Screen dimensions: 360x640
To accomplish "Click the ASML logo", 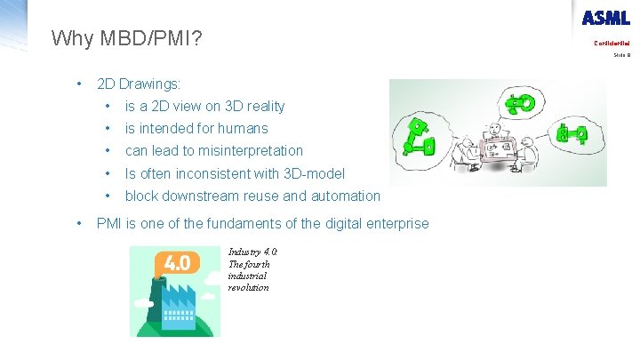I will [x=605, y=18].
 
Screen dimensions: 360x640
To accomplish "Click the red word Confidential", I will [x=612, y=44].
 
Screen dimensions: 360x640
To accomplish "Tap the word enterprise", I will [x=395, y=223].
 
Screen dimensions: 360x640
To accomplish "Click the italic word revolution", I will [x=248, y=287].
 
